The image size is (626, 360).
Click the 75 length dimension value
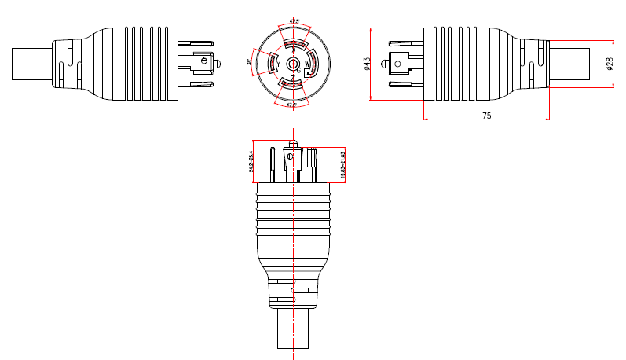click(x=486, y=115)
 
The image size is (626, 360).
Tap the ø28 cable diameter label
click(x=610, y=63)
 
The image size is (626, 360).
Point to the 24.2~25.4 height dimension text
click(x=251, y=160)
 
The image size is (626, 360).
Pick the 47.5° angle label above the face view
click(x=294, y=19)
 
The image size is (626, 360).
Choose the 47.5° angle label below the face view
click(x=291, y=105)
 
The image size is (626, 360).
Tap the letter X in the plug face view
click(x=294, y=50)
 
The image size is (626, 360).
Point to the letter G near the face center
click(x=298, y=70)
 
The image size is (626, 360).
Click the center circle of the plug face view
click(x=292, y=62)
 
